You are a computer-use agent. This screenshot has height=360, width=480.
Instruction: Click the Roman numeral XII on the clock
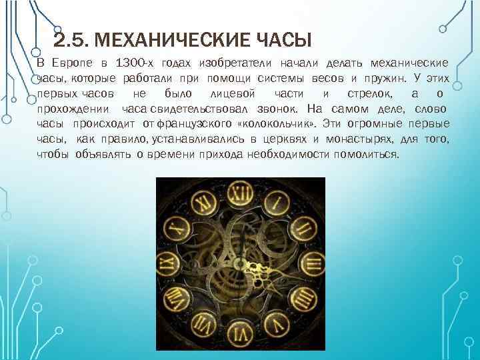241,193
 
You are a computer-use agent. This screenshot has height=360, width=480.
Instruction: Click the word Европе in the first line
73,63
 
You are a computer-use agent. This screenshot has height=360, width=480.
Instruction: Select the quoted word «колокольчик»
275,123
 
